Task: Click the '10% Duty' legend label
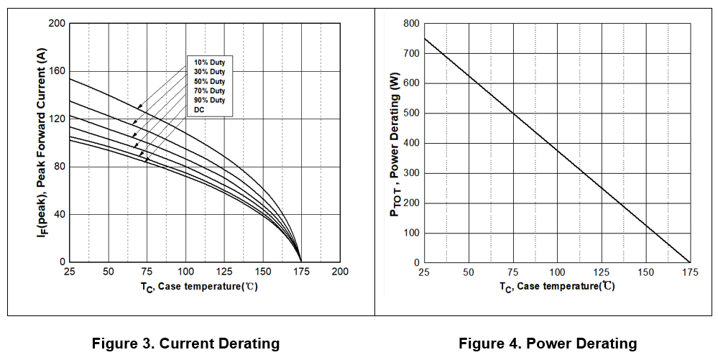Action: tap(209, 63)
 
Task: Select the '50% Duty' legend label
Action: tap(209, 81)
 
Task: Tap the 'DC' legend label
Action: tap(199, 109)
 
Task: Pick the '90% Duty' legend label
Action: tap(209, 100)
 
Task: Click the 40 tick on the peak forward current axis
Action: tap(60, 214)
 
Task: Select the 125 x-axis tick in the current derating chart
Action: tap(224, 272)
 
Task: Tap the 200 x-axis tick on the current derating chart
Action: tap(340, 272)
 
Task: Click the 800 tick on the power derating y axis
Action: tap(411, 24)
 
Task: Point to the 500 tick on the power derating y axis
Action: tap(411, 114)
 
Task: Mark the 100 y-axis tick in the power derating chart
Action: tap(411, 233)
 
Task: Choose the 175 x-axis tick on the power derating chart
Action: tap(690, 272)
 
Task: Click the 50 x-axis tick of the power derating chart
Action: tap(469, 272)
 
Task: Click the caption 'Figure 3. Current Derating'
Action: tap(185, 343)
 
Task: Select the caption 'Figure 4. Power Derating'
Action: tap(548, 343)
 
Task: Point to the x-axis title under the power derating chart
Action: tap(557, 286)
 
